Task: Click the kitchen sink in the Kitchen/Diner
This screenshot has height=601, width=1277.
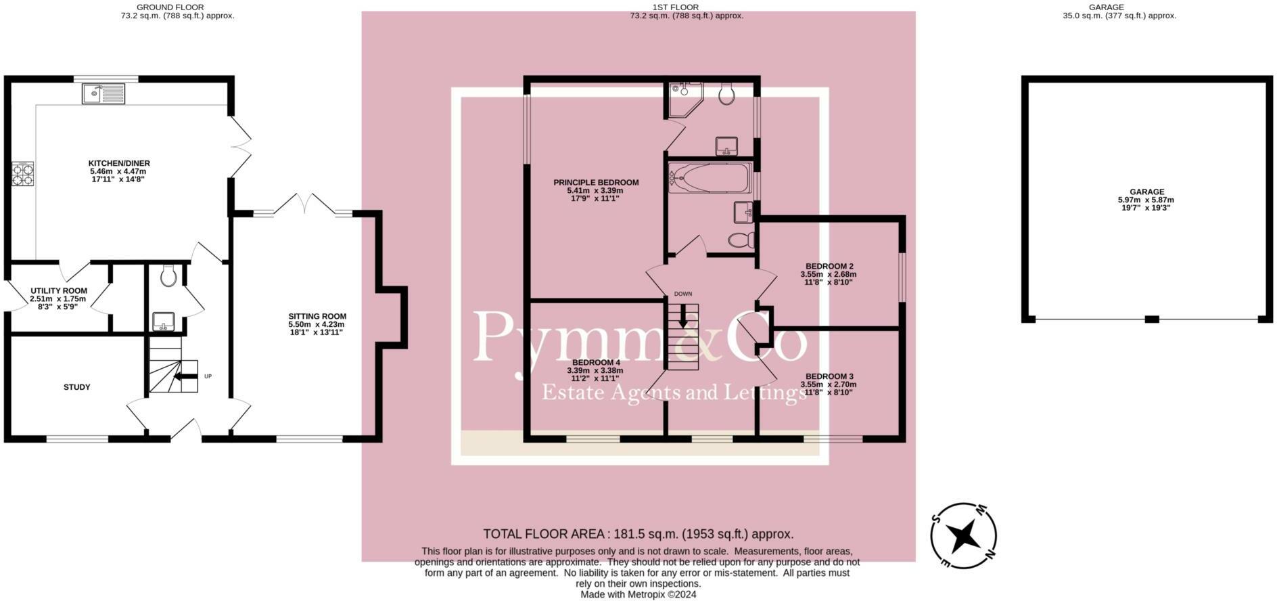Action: [103, 93]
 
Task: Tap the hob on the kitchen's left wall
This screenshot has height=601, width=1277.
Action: [22, 175]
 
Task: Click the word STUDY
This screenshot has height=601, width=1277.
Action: [77, 387]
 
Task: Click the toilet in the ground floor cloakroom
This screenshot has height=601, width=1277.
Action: [168, 275]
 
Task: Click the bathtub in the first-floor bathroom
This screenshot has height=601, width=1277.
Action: [710, 177]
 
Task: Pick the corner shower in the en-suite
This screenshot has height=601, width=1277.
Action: [684, 99]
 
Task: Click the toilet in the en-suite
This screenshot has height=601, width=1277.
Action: [727, 94]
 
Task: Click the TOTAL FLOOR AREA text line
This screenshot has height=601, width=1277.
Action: [638, 534]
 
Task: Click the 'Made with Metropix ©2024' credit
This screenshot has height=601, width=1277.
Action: [638, 594]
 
